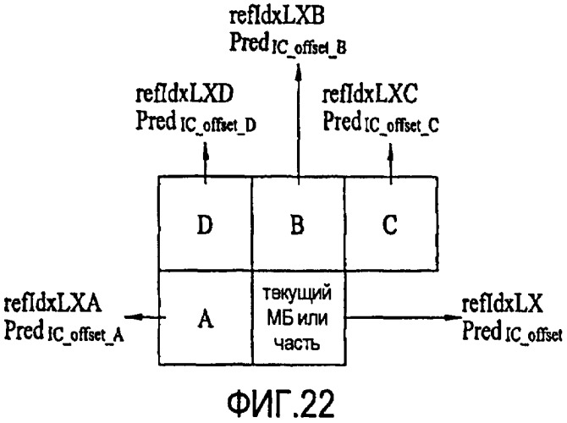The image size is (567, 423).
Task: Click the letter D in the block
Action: tap(205, 224)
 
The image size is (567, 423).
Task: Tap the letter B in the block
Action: tap(297, 224)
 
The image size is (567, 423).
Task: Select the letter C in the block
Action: tap(390, 224)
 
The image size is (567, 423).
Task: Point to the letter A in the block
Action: tap(206, 318)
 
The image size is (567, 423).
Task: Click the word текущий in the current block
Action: tap(297, 294)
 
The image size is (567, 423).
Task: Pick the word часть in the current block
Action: tap(297, 343)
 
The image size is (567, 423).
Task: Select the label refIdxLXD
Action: tap(184, 94)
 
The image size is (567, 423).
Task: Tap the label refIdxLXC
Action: tap(370, 94)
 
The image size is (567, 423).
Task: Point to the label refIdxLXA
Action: tap(52, 304)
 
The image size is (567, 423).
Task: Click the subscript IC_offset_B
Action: tap(309, 48)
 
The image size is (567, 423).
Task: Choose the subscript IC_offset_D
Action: tap(218, 125)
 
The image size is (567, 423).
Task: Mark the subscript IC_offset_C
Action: tap(402, 125)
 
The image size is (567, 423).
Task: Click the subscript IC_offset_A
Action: tap(85, 335)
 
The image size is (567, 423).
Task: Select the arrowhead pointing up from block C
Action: tap(390, 152)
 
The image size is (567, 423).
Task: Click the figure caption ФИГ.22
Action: tap(281, 404)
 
